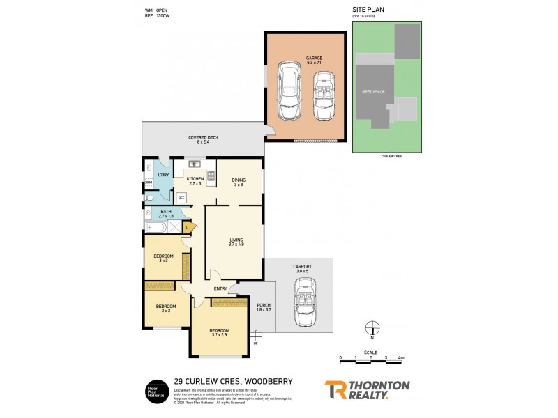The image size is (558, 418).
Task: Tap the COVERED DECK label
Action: tap(203, 137)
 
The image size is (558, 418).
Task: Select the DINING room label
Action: tap(239, 180)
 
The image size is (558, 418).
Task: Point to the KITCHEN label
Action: tap(195, 178)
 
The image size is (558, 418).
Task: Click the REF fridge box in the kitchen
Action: tap(181, 198)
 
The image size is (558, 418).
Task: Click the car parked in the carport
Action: tap(304, 302)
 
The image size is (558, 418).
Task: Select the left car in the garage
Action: tap(289, 91)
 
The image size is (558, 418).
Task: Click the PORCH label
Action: tap(264, 305)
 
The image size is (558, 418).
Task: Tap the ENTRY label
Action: tap(220, 289)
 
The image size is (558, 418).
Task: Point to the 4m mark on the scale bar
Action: tap(401, 357)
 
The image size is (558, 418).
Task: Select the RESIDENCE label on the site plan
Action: tap(374, 91)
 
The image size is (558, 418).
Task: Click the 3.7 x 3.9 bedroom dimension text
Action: tap(220, 335)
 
